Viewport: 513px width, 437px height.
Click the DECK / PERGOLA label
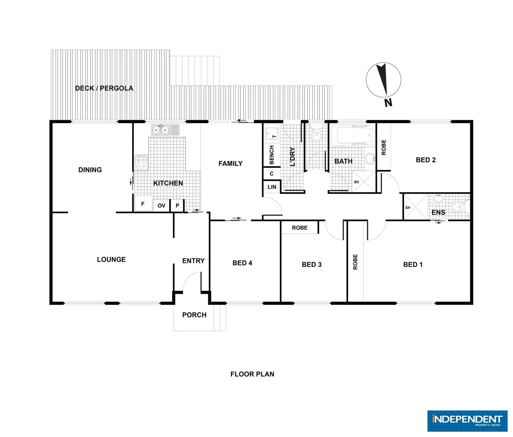[104, 88]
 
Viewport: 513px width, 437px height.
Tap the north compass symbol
[383, 81]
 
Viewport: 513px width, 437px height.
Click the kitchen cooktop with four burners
[141, 162]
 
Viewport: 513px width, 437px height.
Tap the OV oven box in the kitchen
[162, 206]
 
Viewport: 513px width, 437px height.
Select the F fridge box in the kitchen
[143, 204]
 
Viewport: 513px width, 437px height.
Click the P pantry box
[177, 206]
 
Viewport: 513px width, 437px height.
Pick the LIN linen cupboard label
[272, 187]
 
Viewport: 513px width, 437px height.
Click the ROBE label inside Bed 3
[300, 228]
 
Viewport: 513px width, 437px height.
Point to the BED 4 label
[242, 263]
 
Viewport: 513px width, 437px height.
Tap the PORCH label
[194, 315]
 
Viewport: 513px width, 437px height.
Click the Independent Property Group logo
[467, 421]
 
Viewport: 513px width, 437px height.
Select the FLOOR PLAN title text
[252, 374]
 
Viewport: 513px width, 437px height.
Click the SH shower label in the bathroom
[356, 182]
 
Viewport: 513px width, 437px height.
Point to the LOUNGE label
[111, 260]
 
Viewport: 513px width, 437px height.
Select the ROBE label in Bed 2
[384, 147]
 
